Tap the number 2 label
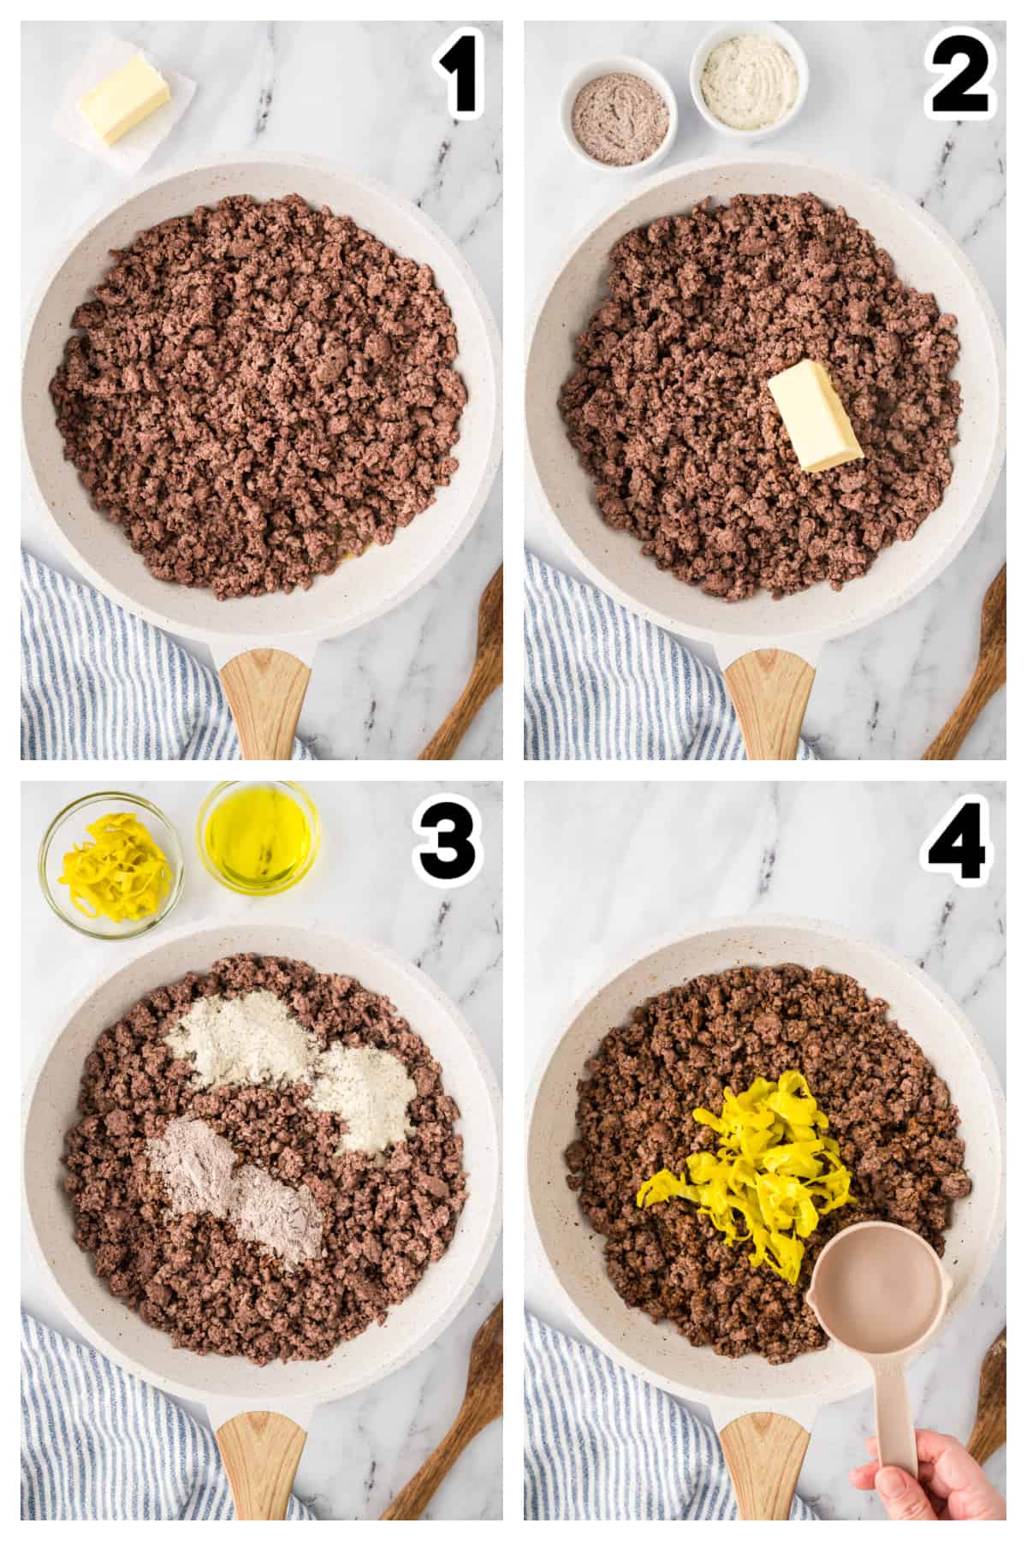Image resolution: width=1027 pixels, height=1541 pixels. [x=960, y=78]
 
